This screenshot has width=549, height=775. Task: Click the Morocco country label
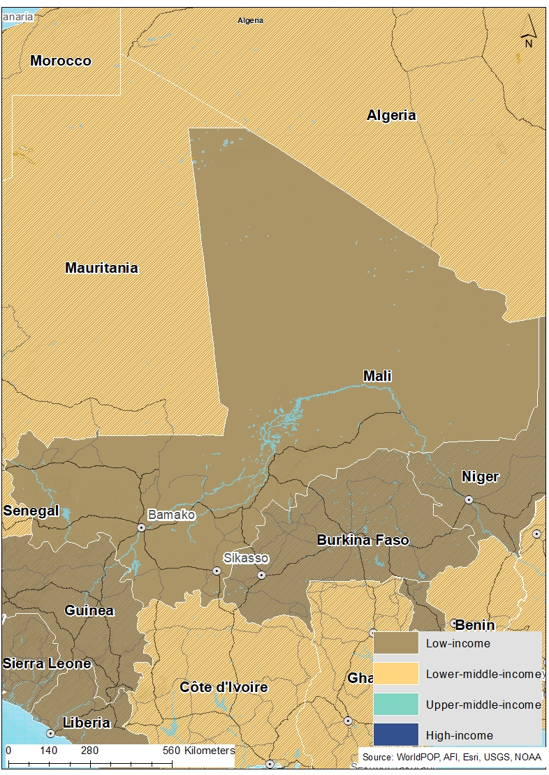(61, 61)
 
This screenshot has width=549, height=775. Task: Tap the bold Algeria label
(391, 115)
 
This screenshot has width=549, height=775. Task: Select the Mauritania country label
(101, 268)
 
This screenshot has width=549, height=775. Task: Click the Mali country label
(377, 376)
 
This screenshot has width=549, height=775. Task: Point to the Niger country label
(480, 476)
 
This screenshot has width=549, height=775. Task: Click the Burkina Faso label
(363, 540)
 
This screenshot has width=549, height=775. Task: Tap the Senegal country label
(31, 511)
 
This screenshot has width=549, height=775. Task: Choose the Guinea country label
(89, 610)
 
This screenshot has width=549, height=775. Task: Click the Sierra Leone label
(46, 663)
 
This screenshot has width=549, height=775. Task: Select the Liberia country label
(87, 722)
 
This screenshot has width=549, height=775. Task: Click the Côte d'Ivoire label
(224, 687)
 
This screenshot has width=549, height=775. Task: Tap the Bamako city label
(171, 515)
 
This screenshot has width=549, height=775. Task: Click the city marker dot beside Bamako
(141, 527)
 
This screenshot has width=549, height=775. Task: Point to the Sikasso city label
(245, 558)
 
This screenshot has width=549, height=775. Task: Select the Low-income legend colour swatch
(395, 643)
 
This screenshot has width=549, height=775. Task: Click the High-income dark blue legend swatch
(395, 735)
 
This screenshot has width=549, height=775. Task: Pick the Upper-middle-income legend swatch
(395, 705)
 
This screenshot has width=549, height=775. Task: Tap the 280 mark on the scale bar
(89, 751)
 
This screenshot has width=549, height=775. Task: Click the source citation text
(451, 757)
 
